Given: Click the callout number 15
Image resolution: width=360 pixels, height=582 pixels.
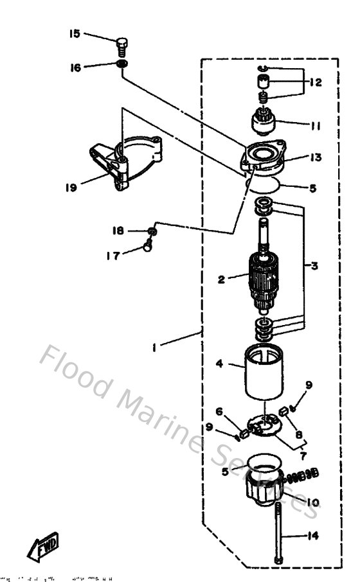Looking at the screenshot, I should coord(76,33).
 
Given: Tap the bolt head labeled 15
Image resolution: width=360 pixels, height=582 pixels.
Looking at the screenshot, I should coord(122,46).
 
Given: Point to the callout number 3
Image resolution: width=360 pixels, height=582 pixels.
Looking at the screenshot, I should coord(314,265).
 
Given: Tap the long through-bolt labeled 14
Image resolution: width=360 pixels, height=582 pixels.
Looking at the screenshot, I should coord(280,533).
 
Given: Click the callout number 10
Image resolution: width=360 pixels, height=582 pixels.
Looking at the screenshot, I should coord(314,502).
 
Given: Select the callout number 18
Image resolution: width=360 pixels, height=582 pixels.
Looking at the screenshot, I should coord(118,231).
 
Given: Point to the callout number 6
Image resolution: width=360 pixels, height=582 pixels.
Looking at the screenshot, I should coord(219,411).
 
